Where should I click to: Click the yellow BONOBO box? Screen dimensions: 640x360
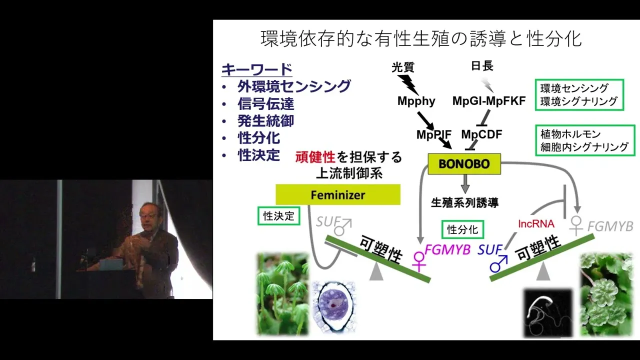click(x=464, y=163)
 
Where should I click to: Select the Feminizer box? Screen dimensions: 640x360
click(x=338, y=194)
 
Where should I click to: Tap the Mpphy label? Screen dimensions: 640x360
click(x=416, y=101)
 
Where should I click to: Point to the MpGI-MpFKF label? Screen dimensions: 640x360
click(x=489, y=100)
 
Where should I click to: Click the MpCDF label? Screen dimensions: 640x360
click(x=481, y=134)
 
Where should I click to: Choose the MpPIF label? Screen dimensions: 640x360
click(x=433, y=134)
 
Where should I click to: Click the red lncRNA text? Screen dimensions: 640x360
click(x=536, y=223)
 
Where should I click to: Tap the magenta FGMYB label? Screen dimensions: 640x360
click(x=447, y=250)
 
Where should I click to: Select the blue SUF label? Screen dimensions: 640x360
click(x=489, y=250)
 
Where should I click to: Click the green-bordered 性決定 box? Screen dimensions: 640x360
click(x=279, y=216)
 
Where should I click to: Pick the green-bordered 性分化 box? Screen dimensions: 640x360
click(x=462, y=229)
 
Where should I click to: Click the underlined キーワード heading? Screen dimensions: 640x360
click(x=257, y=69)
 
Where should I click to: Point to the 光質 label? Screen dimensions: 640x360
click(x=403, y=67)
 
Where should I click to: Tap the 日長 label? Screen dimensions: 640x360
click(x=482, y=66)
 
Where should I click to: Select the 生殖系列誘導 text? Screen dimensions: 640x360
click(x=464, y=202)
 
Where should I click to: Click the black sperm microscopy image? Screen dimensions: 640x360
click(x=548, y=313)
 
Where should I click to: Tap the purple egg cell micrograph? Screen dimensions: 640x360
click(x=333, y=306)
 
